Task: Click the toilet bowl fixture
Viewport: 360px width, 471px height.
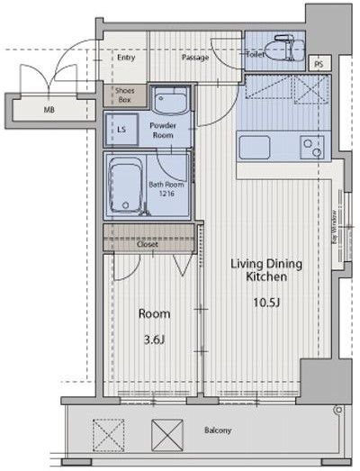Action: (284, 48)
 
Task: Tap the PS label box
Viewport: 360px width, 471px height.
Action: (320, 63)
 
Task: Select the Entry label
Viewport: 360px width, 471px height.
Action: (126, 58)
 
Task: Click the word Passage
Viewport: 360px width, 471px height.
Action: (195, 57)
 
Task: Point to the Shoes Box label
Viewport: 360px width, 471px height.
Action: (125, 95)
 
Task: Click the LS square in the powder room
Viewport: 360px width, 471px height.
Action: (121, 130)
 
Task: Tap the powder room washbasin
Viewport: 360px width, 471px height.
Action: (169, 100)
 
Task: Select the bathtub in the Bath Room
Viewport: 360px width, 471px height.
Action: (125, 186)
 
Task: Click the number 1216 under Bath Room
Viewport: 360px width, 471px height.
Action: (166, 194)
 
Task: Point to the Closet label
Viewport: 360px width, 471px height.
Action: (147, 244)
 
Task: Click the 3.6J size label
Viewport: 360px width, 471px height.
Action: (154, 340)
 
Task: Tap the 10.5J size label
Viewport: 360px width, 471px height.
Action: (266, 303)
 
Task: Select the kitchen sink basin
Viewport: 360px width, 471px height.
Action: (255, 147)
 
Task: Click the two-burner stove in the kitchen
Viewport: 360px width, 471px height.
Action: (312, 147)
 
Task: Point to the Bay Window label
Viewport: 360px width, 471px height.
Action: (334, 227)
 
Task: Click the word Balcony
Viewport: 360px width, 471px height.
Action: (218, 430)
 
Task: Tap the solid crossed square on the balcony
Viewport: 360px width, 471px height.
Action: (167, 435)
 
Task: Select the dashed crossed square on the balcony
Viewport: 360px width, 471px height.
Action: (108, 435)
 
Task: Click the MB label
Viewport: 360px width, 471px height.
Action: (49, 110)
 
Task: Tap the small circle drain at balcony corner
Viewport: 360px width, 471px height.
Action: (339, 410)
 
